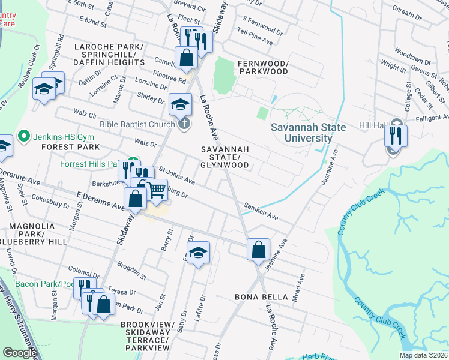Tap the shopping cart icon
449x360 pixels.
click(157, 190)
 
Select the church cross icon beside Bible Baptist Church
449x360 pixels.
click(184, 124)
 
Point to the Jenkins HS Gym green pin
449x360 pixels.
click(24, 136)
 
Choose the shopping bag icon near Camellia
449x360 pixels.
click(187, 58)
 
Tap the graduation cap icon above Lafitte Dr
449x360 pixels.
click(197, 253)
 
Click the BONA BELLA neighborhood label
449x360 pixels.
click(258, 297)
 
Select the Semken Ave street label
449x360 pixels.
click(261, 211)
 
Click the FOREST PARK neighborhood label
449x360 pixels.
click(24, 146)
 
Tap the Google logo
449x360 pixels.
click(19, 353)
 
